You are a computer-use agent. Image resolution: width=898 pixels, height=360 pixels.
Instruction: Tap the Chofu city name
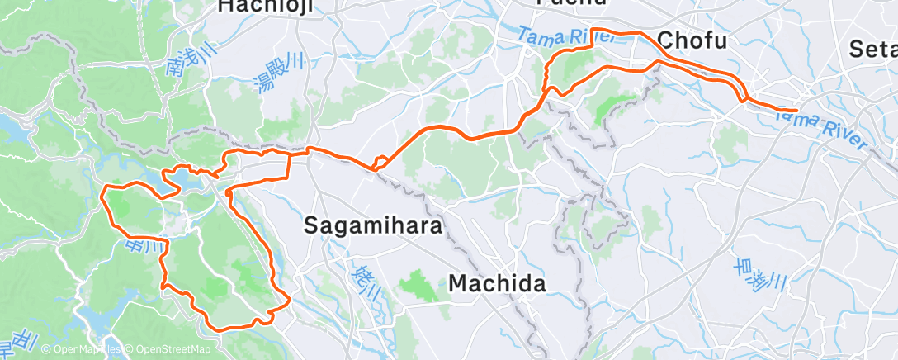pyautogui.click(x=692, y=40)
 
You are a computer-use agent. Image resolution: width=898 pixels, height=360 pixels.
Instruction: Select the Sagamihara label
pyautogui.click(x=374, y=225)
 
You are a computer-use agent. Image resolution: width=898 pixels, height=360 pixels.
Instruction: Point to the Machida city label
pyautogui.click(x=497, y=284)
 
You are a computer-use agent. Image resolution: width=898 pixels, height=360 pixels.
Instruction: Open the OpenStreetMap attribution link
pyautogui.click(x=166, y=349)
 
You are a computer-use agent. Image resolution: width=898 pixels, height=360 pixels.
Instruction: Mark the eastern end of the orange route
pyautogui.click(x=796, y=110)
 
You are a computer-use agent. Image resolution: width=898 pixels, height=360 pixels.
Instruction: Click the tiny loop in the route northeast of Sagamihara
pyautogui.click(x=380, y=162)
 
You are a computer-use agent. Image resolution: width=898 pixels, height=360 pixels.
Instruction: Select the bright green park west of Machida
pyautogui.click(x=418, y=287)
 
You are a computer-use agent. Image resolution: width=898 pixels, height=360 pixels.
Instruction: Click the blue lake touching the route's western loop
pyautogui.click(x=180, y=178)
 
